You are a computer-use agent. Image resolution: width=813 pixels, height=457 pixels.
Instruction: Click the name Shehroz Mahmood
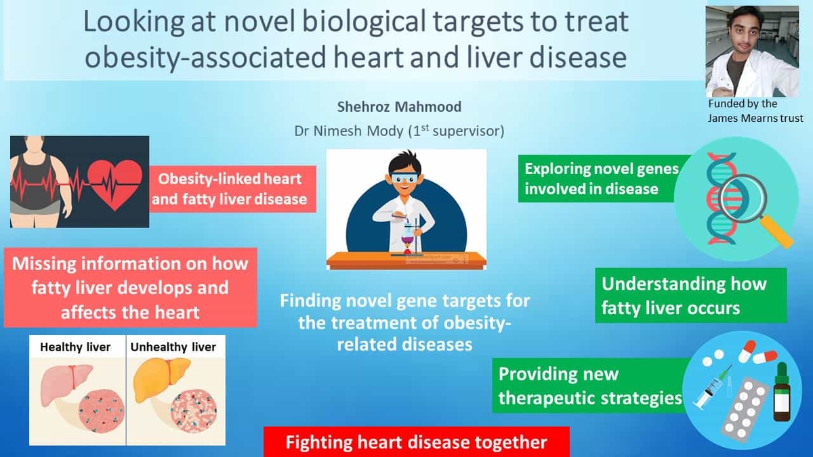(399, 107)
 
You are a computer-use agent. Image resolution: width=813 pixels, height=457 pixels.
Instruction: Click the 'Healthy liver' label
(75, 347)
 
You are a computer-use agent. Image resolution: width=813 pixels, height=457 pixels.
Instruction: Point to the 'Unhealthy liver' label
(173, 347)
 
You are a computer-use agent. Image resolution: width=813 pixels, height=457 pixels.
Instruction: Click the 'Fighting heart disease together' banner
(416, 441)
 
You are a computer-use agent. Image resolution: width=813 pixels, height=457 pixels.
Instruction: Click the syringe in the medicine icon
(711, 388)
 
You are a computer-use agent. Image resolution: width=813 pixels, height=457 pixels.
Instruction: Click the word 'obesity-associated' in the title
(205, 58)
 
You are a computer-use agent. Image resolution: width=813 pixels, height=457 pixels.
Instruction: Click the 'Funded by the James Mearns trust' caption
(755, 111)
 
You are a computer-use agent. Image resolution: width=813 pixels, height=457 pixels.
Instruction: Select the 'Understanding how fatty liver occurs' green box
(691, 296)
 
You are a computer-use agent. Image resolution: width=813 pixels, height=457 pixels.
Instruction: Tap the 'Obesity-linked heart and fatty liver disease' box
(232, 189)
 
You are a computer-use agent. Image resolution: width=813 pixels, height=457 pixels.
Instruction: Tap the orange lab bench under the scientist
(406, 261)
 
